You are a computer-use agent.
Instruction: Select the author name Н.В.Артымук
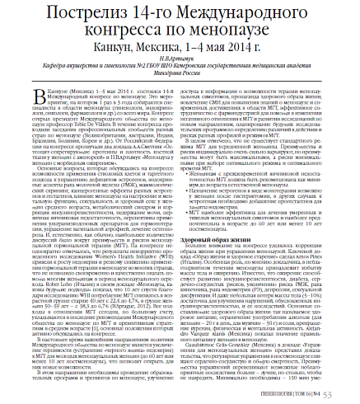[x=179, y=63]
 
